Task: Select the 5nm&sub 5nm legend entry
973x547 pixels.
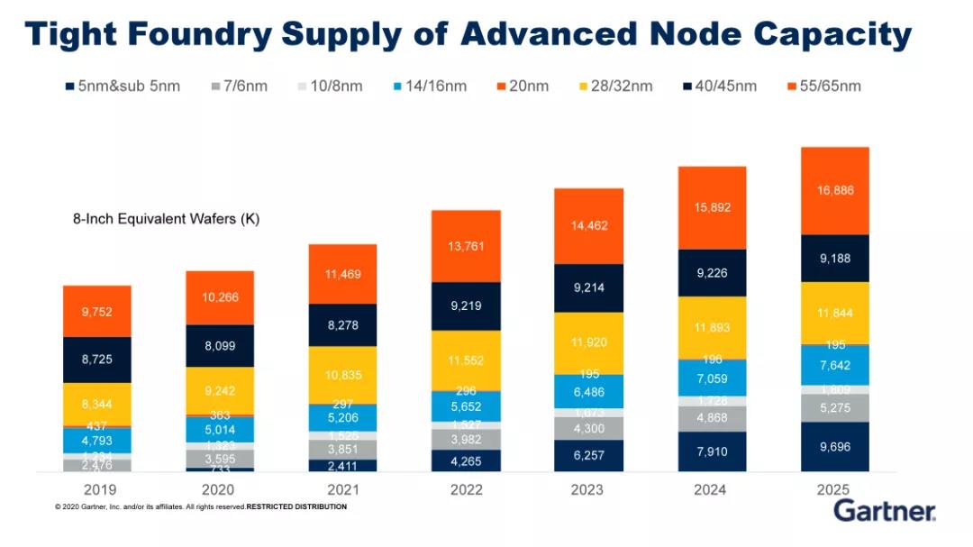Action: point(123,87)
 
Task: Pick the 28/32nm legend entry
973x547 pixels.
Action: point(614,87)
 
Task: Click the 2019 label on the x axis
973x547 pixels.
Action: point(97,489)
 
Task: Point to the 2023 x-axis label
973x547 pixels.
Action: point(588,489)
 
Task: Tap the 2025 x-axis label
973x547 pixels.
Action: point(834,489)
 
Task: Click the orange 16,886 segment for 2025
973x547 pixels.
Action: point(834,190)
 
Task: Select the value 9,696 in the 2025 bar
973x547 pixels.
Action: point(834,446)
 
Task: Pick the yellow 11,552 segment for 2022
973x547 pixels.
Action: point(466,360)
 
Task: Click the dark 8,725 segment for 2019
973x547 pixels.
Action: point(97,359)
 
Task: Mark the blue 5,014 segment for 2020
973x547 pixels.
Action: point(220,429)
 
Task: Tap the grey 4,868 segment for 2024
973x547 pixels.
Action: point(712,418)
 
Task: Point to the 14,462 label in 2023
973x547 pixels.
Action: point(588,227)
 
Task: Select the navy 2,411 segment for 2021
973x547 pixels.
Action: point(343,466)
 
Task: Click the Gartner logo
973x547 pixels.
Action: point(885,511)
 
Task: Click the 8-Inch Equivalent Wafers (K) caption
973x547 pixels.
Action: point(167,218)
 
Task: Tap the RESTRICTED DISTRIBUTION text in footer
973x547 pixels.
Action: point(296,507)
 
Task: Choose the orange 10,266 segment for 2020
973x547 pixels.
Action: point(220,297)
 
